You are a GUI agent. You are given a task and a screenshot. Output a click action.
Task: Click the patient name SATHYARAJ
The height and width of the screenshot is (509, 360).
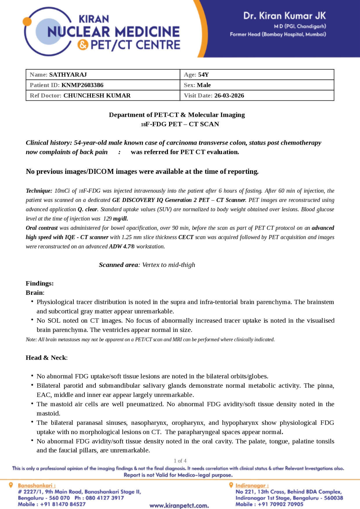point(68,75)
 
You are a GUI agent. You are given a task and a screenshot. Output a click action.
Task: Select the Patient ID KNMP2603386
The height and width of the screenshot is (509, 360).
point(82,85)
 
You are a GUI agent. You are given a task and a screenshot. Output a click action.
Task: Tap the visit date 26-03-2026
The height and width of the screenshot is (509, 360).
point(229,95)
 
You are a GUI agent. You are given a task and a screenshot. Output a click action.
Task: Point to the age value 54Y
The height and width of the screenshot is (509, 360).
point(203,75)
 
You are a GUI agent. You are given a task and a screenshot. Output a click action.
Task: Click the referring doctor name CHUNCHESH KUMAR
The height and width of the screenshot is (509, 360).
point(97,95)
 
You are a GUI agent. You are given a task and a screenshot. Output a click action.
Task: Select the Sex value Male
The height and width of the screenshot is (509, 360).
point(204,85)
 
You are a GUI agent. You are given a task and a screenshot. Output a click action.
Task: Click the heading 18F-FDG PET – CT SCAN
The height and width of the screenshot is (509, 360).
point(180,124)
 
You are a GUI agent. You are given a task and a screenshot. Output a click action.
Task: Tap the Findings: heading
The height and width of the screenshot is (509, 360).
point(40,283)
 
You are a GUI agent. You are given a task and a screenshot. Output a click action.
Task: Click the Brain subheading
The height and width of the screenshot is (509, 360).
point(35,293)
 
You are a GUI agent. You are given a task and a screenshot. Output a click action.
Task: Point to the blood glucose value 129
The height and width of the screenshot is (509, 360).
point(107,219)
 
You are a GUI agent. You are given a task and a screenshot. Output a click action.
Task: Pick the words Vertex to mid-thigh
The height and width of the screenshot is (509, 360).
point(169,265)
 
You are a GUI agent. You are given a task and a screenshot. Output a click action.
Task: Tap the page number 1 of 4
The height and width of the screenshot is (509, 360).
point(180,461)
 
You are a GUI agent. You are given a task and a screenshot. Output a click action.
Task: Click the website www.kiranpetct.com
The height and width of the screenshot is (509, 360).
point(179,506)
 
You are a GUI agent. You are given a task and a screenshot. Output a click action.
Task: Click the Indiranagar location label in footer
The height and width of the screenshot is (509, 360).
point(252,485)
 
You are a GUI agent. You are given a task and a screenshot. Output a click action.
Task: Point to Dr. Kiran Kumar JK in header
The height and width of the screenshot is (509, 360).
point(284,16)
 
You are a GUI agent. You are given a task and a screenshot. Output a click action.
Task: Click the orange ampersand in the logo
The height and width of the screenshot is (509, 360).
point(83,45)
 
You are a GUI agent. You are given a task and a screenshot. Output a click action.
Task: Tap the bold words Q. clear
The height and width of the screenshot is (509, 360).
point(88,210)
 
